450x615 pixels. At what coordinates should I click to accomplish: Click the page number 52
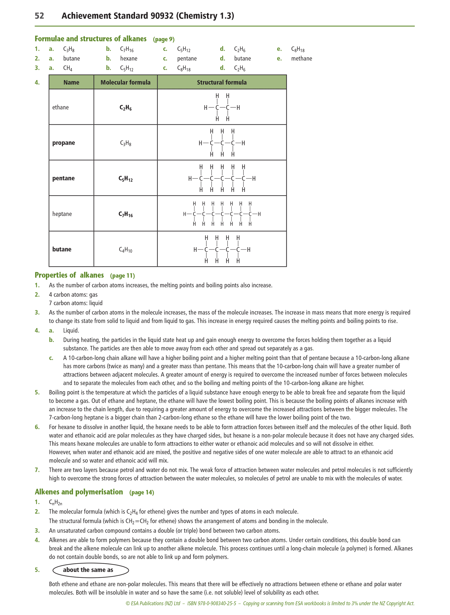(39, 16)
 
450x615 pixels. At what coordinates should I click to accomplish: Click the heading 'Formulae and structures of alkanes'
(90, 39)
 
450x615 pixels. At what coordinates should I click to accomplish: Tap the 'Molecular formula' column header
(125, 82)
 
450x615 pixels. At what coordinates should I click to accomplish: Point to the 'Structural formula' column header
(222, 82)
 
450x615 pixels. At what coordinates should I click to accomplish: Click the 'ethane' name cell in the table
(61, 107)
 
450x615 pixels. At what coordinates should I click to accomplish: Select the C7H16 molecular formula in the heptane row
(126, 214)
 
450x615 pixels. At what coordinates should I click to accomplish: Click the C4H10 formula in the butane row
(126, 250)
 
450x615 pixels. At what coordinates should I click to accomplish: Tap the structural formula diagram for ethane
(222, 107)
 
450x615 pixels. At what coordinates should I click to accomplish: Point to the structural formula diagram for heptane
(222, 214)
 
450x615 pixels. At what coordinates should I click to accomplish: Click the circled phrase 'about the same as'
(88, 570)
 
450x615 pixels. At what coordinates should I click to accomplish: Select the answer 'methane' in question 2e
(302, 58)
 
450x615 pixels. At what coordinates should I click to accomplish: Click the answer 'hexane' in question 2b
(129, 58)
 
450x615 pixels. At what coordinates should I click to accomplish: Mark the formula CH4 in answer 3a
(68, 68)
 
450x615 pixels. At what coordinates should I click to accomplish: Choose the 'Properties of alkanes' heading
(69, 275)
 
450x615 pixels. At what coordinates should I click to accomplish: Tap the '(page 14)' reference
(142, 492)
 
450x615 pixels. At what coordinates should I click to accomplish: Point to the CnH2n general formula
(55, 502)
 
